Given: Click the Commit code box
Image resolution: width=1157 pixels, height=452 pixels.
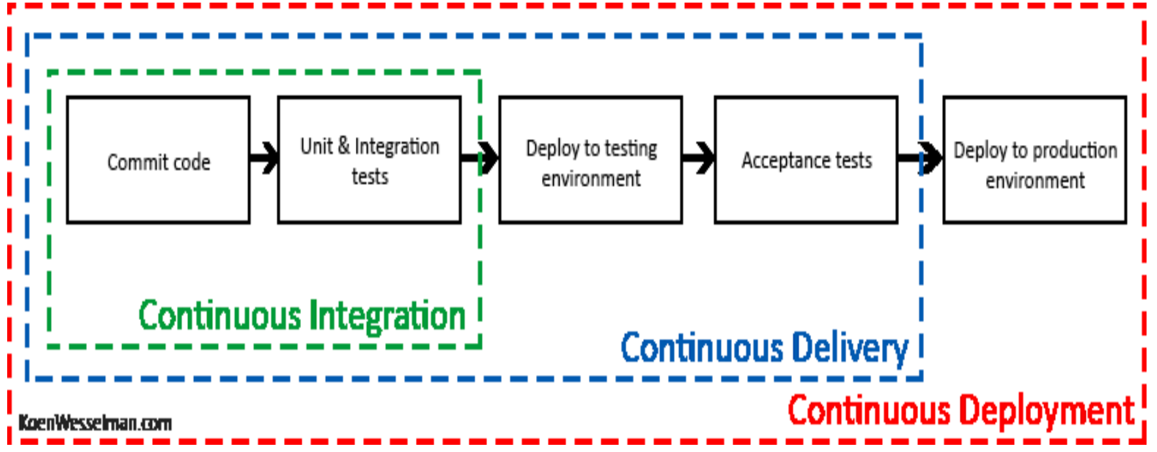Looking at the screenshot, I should tap(158, 160).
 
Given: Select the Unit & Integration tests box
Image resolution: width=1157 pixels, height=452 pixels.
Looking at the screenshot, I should tap(369, 160).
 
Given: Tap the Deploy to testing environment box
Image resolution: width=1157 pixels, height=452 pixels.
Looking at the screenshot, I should tap(590, 160).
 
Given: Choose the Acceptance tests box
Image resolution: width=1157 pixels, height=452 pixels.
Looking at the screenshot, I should tap(806, 160).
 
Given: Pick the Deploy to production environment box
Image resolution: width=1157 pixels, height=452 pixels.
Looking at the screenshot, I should tap(1034, 160).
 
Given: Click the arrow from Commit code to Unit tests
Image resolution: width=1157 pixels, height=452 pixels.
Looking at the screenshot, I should tap(264, 158).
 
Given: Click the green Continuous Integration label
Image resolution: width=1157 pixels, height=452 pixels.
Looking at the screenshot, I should tap(302, 317).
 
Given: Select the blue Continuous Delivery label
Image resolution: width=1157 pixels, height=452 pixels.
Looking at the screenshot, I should tap(764, 348).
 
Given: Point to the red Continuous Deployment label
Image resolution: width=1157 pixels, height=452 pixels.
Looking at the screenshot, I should tap(961, 412).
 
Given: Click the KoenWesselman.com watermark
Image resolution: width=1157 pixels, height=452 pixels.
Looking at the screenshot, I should tap(95, 423).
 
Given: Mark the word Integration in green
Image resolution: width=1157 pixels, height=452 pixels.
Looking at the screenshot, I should tap(387, 317).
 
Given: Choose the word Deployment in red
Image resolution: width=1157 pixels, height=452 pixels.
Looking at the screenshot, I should tap(1048, 412).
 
